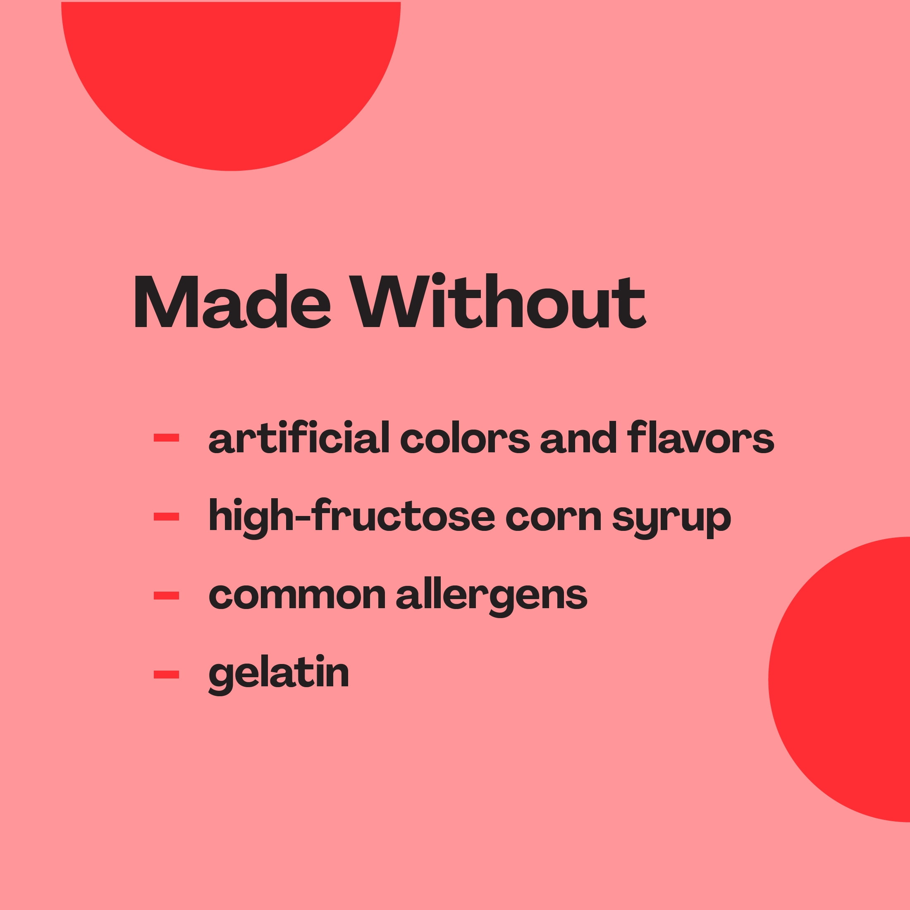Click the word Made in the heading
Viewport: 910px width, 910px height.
click(233, 301)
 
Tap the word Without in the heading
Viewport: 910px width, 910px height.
click(497, 301)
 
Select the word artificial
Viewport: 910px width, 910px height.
click(299, 437)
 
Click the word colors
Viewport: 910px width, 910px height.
click(465, 437)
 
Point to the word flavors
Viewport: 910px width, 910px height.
click(701, 437)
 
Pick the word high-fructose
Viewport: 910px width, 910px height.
click(352, 518)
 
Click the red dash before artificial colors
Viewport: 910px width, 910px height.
click(166, 437)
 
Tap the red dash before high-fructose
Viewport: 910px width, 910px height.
click(166, 517)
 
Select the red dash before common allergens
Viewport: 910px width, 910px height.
click(166, 596)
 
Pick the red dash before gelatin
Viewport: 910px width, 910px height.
click(166, 674)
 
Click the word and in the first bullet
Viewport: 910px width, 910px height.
click(578, 437)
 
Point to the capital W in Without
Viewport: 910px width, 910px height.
click(389, 301)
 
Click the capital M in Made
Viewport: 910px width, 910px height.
click(166, 301)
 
